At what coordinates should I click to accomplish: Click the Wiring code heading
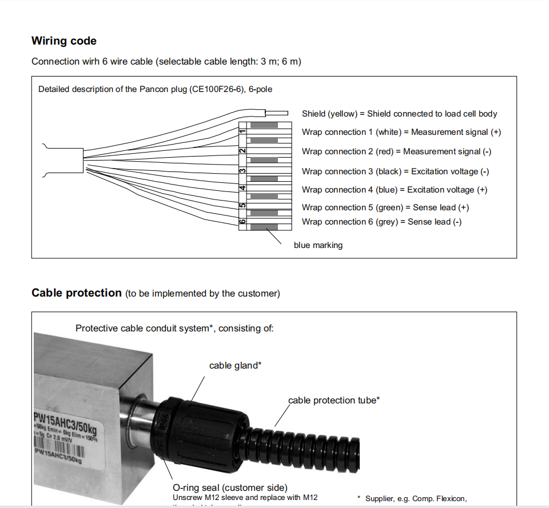[64, 41]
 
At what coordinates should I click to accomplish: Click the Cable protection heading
[77, 293]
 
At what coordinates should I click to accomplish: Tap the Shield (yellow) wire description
[399, 114]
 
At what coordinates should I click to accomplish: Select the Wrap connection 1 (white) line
[401, 132]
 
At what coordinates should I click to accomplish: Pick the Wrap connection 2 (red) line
[396, 151]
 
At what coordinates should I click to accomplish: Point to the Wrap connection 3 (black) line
[395, 171]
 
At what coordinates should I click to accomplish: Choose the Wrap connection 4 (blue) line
[395, 190]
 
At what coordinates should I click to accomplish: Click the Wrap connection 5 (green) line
[385, 207]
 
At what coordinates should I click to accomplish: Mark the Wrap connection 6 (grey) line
[381, 222]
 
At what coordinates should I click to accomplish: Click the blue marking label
[318, 245]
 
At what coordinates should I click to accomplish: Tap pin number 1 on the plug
[242, 133]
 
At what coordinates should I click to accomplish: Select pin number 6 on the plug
[242, 221]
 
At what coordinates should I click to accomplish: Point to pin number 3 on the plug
[242, 170]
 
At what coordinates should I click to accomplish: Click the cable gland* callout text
[235, 366]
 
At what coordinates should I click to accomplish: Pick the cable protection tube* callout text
[334, 401]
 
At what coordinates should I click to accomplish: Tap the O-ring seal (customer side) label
[230, 487]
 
